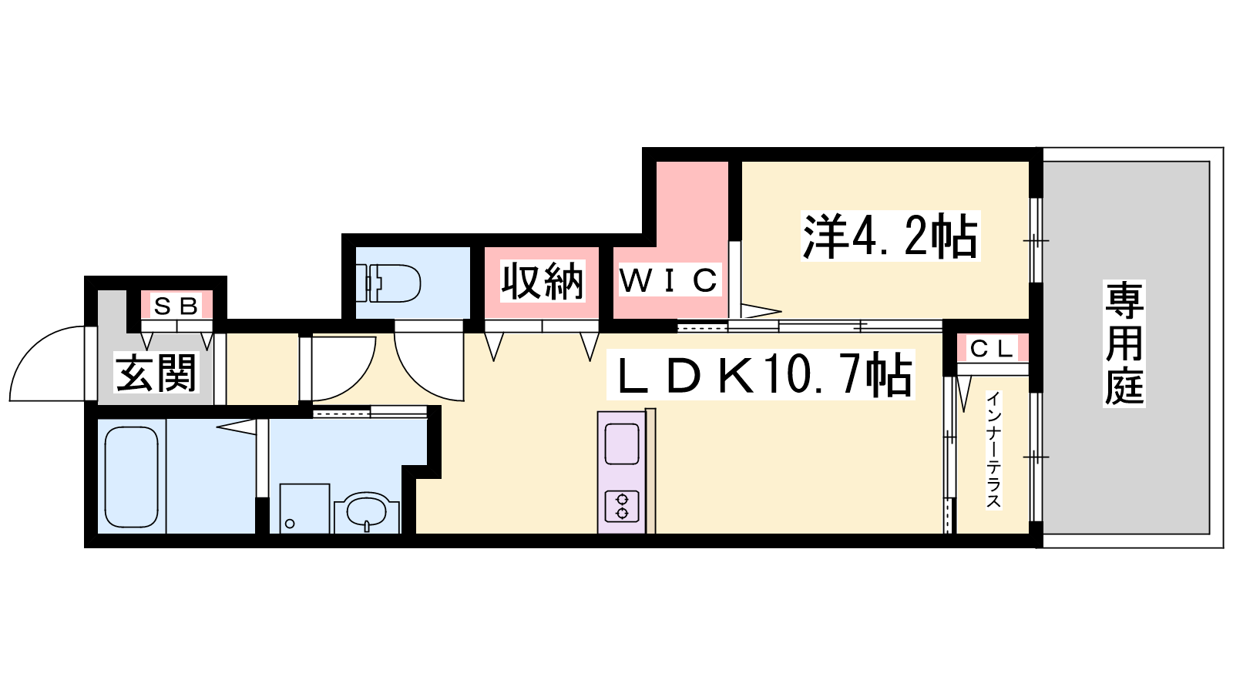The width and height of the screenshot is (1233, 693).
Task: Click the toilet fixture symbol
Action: point(388,283)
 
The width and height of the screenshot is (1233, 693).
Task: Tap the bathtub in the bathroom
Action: point(132,477)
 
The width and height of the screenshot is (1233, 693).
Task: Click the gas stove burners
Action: point(622,506)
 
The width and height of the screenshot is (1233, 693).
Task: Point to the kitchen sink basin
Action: point(622,444)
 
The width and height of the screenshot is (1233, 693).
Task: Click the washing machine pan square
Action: point(304,509)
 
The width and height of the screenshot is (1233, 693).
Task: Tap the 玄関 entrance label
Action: point(156,373)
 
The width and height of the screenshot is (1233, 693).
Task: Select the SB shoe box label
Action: point(176,306)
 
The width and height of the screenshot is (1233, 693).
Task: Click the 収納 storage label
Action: point(543,281)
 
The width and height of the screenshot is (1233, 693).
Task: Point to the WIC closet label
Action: point(670,280)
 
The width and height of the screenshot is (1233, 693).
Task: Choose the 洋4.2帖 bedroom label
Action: point(890,236)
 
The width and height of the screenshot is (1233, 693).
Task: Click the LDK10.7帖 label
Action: point(760,374)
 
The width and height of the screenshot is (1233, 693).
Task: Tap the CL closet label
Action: point(993,349)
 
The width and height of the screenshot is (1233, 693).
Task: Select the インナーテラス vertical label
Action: point(993,450)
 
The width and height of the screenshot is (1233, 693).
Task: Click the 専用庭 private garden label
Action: point(1124,343)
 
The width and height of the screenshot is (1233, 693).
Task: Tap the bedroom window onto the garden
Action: point(1036,241)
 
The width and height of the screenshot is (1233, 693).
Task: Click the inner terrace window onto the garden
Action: point(1036,457)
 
